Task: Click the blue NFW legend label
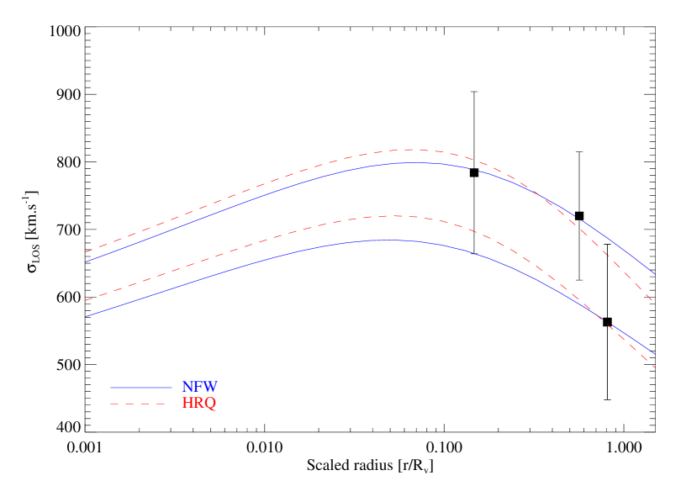click(x=199, y=388)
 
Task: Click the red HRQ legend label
click(x=198, y=404)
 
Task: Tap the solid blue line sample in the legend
click(x=141, y=388)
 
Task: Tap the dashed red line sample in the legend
click(x=141, y=404)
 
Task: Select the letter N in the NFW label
click(x=187, y=388)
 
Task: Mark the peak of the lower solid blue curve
click(x=388, y=240)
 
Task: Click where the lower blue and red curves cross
click(x=598, y=316)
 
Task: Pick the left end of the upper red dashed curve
click(x=86, y=251)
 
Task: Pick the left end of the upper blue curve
click(x=86, y=261)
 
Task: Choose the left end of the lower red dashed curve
click(x=86, y=299)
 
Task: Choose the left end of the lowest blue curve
click(x=86, y=316)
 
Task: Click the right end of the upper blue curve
click(x=655, y=274)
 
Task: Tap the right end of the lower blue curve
click(x=655, y=354)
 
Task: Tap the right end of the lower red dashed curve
click(x=655, y=367)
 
